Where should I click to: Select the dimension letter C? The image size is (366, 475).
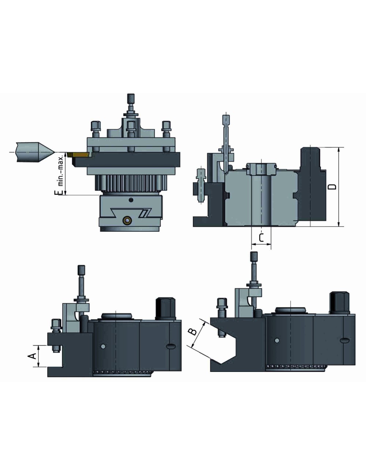click(x=261, y=238)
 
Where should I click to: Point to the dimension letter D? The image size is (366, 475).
click(x=332, y=187)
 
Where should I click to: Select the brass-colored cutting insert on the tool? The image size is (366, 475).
click(x=80, y=155)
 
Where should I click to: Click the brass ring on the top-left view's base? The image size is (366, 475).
click(x=127, y=220)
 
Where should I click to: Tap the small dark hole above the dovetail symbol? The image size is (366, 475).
click(x=131, y=200)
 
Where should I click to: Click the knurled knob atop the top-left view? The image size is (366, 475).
click(x=130, y=98)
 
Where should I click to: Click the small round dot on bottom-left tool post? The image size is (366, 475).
click(x=103, y=346)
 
